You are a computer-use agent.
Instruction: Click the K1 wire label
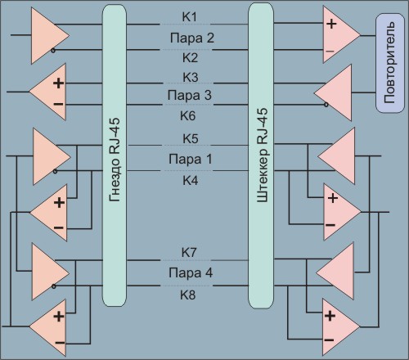[189, 17]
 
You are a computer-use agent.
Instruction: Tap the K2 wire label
[190, 58]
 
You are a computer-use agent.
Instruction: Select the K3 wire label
[190, 77]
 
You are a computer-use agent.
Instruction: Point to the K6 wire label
[188, 116]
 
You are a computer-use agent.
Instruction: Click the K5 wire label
[191, 138]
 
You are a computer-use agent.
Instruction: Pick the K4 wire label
[191, 180]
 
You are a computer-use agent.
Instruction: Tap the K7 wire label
[189, 252]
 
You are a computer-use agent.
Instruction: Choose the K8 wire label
[188, 295]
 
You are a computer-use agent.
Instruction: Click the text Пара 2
[192, 38]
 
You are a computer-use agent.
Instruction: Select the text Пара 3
[190, 95]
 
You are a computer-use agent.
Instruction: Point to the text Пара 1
[191, 159]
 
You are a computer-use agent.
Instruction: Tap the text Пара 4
[191, 272]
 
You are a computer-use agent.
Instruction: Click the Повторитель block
[390, 63]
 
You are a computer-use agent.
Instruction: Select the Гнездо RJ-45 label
[115, 160]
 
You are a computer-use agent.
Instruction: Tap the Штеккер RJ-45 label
[263, 155]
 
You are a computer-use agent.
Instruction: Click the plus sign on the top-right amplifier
[331, 24]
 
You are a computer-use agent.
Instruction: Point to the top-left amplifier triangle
[47, 36]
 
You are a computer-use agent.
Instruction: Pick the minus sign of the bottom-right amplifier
[329, 340]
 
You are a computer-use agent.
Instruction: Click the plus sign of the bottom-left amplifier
[59, 317]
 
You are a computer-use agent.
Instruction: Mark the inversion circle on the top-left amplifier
[53, 51]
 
